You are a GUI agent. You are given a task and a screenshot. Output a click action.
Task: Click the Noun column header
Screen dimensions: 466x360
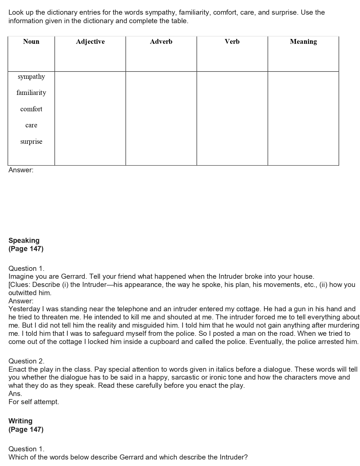tap(31, 42)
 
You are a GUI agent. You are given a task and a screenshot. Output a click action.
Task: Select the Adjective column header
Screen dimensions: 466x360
tap(90, 42)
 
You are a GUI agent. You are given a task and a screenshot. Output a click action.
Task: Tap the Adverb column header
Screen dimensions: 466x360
tap(161, 42)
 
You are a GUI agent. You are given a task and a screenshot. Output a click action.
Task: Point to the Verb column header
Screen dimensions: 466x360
tap(232, 42)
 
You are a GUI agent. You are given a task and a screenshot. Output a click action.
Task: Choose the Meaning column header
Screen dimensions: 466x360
tap(303, 42)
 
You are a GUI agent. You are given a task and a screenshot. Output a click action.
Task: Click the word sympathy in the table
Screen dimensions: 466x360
tap(31, 77)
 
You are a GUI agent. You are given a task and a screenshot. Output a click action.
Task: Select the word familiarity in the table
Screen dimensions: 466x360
tap(31, 93)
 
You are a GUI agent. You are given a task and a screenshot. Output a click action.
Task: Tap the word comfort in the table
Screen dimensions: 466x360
tap(31, 109)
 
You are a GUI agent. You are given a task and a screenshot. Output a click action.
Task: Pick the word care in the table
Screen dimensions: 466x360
tap(31, 125)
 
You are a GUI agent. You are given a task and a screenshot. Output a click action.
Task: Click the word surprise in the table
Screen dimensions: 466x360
tap(31, 141)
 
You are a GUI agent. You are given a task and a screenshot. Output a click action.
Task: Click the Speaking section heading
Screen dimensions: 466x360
tap(24, 241)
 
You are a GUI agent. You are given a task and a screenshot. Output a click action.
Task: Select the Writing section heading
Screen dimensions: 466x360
tap(20, 421)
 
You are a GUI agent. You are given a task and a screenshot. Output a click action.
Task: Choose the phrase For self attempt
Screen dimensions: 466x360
tap(34, 402)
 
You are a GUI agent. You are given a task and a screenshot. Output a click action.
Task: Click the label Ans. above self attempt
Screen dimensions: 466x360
tap(15, 394)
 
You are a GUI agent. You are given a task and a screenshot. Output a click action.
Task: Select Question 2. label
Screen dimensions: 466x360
tap(27, 361)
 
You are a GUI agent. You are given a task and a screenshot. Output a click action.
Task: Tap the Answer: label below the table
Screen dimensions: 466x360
tap(21, 170)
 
